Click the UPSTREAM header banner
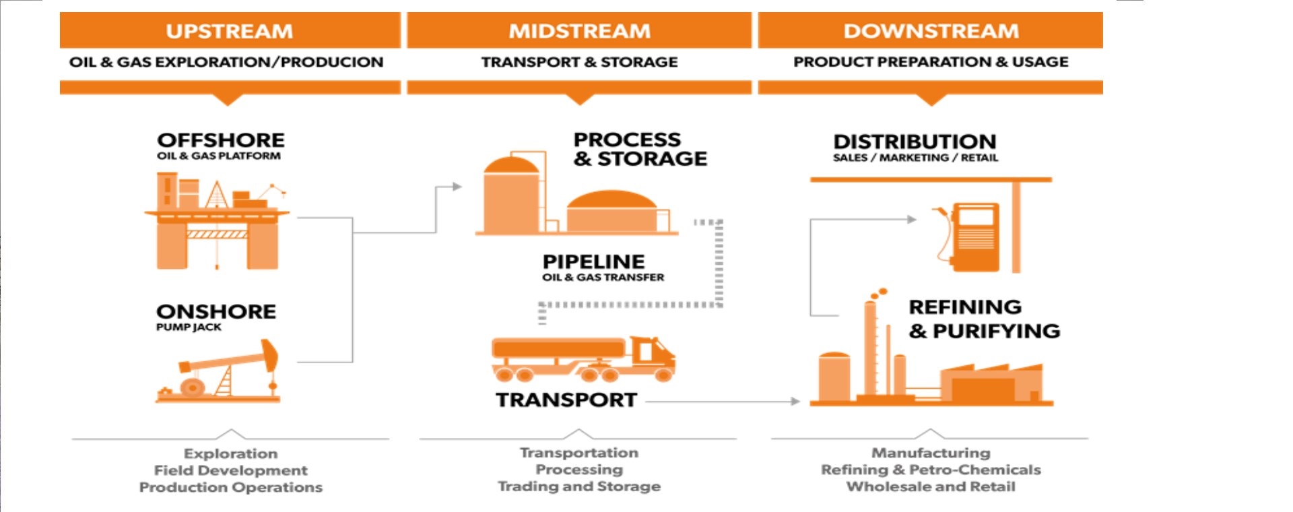[230, 31]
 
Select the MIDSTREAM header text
[579, 31]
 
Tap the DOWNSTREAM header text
[931, 31]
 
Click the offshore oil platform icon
[218, 221]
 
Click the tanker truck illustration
[583, 359]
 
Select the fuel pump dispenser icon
[969, 237]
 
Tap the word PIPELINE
[593, 261]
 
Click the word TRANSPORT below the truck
[566, 400]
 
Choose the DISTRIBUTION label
[915, 141]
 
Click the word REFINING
[965, 307]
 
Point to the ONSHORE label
[216, 311]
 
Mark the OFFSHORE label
[221, 140]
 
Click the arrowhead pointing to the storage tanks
[457, 187]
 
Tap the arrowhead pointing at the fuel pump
[912, 219]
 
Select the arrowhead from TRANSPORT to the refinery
[795, 402]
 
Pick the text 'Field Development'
[230, 470]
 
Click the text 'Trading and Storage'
[579, 486]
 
